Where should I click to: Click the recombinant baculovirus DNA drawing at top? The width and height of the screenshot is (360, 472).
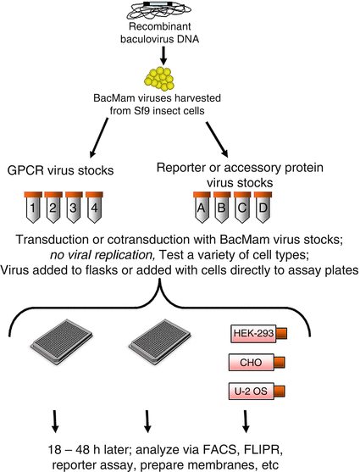[x=180, y=12]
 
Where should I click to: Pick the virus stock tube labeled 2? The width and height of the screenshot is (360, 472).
[x=54, y=208]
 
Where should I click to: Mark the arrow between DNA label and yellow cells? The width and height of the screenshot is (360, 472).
[x=180, y=54]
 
